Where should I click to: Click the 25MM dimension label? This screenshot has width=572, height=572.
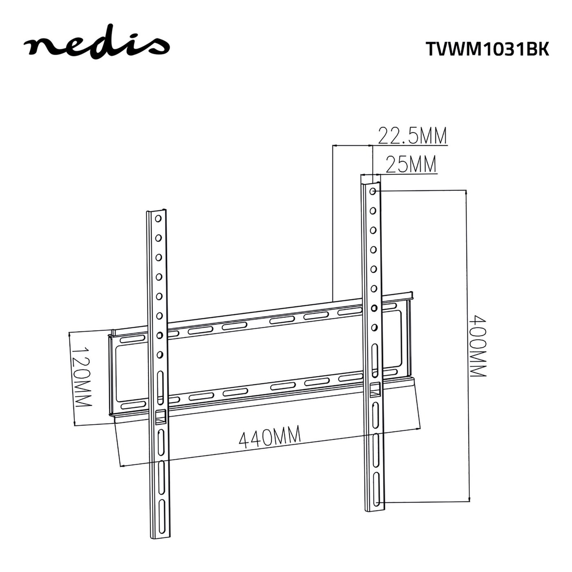411,165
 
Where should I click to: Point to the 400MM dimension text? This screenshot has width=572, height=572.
477,345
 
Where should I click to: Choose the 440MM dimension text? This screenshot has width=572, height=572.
270,437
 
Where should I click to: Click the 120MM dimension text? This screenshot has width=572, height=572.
82,377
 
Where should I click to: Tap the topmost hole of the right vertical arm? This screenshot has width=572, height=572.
373,191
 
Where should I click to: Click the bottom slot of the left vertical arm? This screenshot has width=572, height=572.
162,533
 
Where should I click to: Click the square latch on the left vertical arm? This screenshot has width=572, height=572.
160,416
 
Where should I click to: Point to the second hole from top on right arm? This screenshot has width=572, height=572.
373,211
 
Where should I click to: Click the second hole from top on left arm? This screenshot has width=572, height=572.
158,238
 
